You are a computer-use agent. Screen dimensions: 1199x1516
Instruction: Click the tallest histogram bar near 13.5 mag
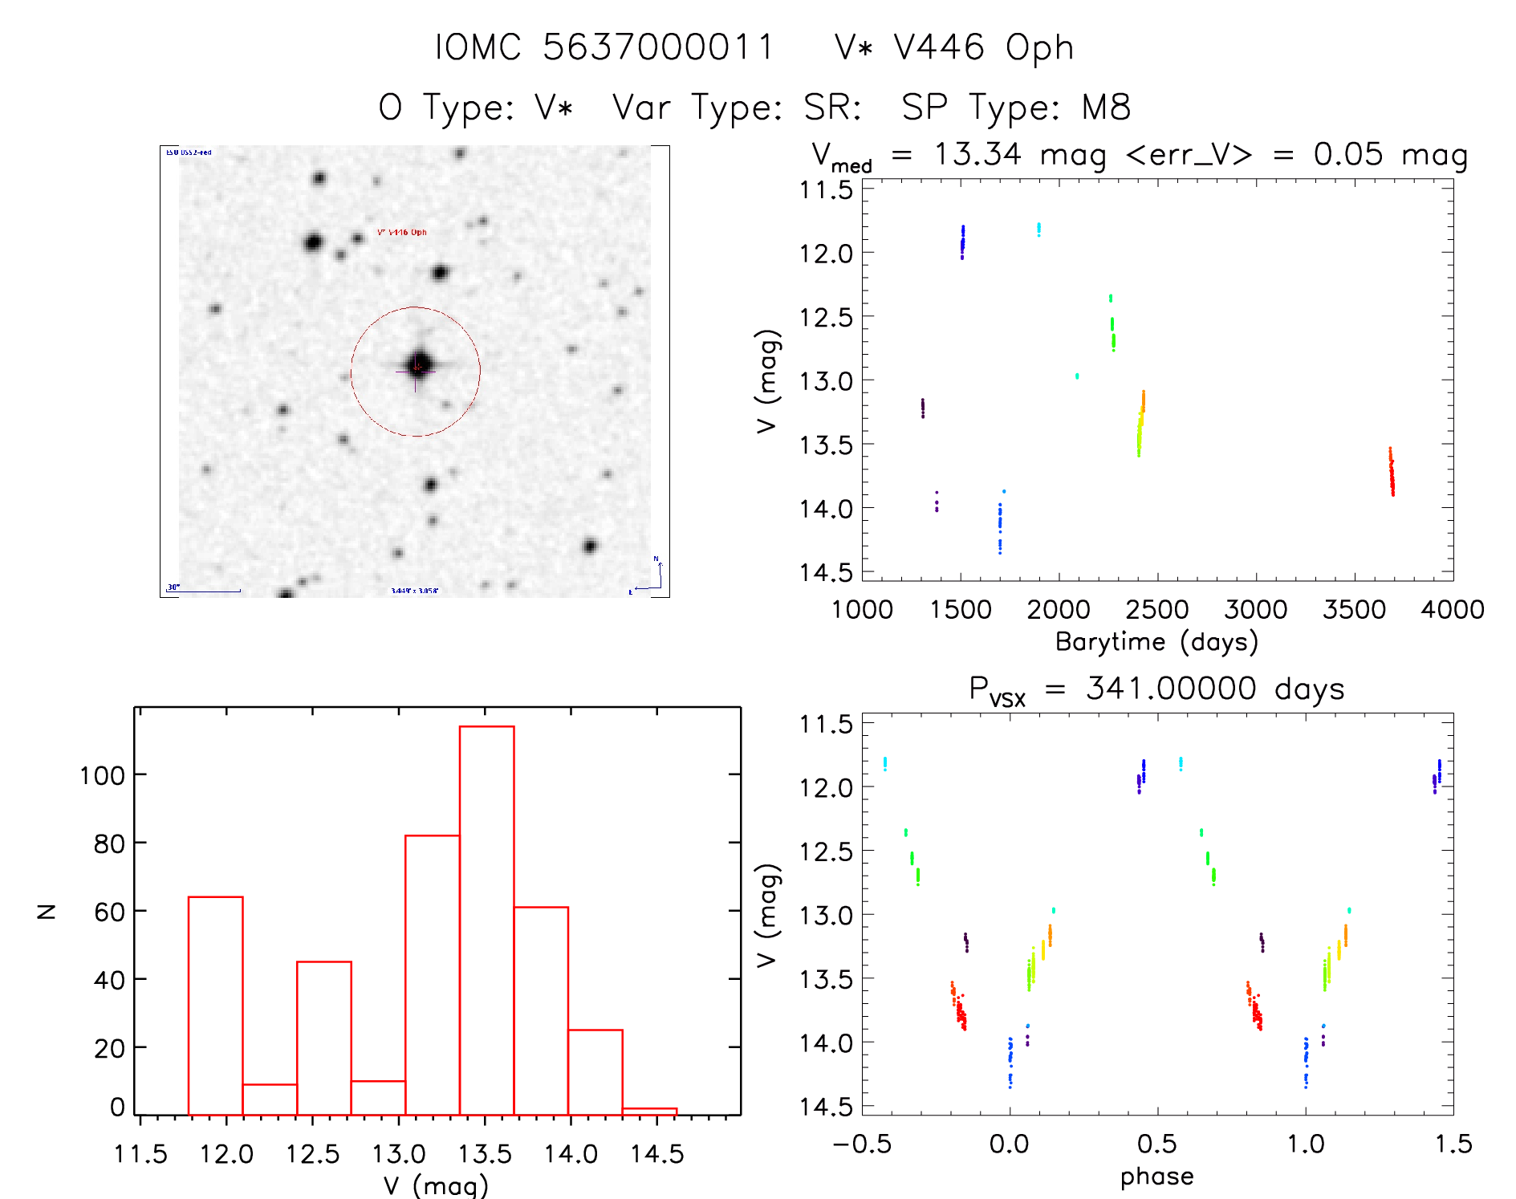tap(486, 920)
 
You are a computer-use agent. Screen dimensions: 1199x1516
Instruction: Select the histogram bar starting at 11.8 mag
tap(215, 1005)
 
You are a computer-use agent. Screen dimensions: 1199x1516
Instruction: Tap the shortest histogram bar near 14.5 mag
tap(649, 1111)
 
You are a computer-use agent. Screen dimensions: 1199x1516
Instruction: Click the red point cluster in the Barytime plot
tap(1392, 473)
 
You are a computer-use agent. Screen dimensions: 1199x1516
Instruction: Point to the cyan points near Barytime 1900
tap(1038, 230)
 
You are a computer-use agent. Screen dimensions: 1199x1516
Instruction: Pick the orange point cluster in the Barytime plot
tap(1143, 400)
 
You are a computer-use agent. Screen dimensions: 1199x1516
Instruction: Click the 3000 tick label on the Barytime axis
tap(1255, 610)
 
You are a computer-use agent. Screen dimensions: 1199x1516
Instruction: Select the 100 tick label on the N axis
tap(102, 775)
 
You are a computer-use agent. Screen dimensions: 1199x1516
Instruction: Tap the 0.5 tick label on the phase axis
tap(1156, 1144)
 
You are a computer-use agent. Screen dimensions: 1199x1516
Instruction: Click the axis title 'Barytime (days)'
tap(1156, 642)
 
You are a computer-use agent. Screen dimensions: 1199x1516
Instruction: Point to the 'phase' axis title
tap(1156, 1177)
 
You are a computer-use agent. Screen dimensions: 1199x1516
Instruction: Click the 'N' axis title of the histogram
tap(47, 911)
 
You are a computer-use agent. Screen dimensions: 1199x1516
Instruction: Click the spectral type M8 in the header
tap(1106, 108)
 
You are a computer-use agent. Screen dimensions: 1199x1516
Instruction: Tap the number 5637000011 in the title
tap(658, 47)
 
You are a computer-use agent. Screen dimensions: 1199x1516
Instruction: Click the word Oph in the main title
tap(1039, 48)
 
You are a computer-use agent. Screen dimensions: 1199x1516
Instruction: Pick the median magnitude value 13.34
tap(977, 154)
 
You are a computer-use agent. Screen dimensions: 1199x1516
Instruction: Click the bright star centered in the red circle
tap(419, 365)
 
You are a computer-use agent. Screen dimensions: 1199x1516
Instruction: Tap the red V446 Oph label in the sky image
tap(401, 233)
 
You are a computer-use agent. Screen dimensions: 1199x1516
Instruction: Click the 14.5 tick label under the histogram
tap(656, 1155)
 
